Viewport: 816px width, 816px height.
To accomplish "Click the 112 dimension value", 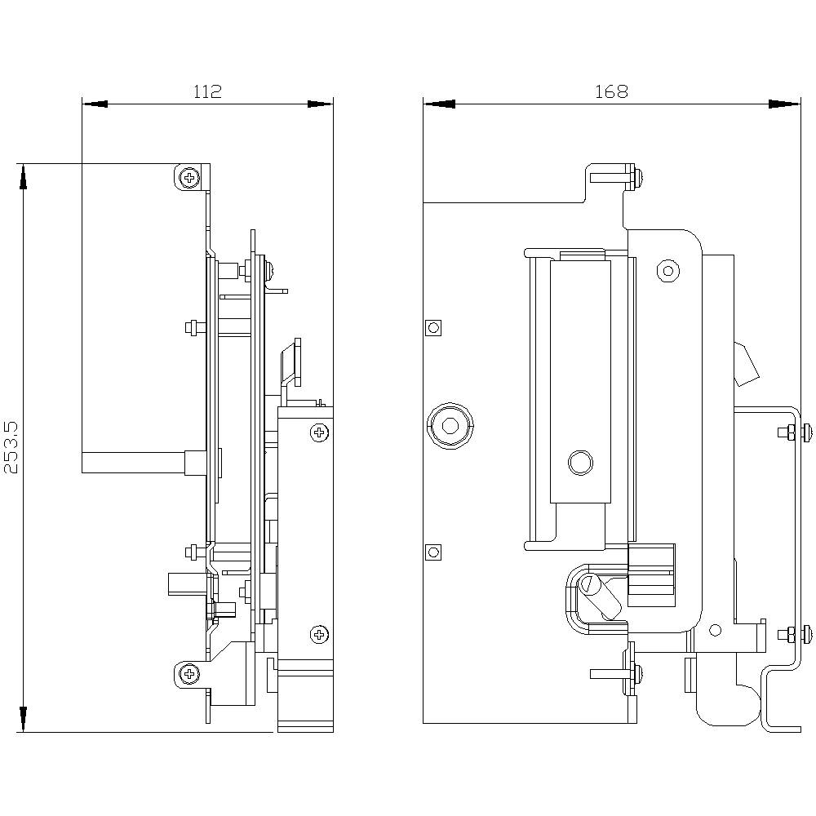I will pos(207,91).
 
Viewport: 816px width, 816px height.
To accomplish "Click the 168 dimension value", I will pos(611,91).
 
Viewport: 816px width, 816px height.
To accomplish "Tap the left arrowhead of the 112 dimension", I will pos(94,104).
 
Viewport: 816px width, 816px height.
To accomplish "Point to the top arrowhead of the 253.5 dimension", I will pos(24,175).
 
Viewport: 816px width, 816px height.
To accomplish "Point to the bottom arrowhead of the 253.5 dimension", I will pos(24,720).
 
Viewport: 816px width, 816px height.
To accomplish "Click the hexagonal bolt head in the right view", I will pos(449,425).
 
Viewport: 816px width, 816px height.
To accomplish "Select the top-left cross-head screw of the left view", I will pos(190,177).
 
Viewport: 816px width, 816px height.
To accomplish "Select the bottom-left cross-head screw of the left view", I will pos(190,674).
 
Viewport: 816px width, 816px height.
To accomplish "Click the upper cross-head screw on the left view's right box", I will pos(319,432).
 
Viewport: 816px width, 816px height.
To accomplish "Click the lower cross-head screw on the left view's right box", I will pos(319,633).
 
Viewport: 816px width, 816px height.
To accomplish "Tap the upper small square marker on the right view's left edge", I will pos(433,328).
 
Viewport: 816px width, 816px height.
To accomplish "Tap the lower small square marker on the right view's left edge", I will pos(433,552).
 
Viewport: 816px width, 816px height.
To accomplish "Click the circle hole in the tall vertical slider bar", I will pos(580,463).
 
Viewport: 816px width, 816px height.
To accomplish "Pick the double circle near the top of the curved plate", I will pos(669,270).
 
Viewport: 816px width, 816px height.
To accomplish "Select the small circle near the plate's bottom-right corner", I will pos(716,629).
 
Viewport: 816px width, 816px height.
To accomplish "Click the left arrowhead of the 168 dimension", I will pos(436,104).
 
